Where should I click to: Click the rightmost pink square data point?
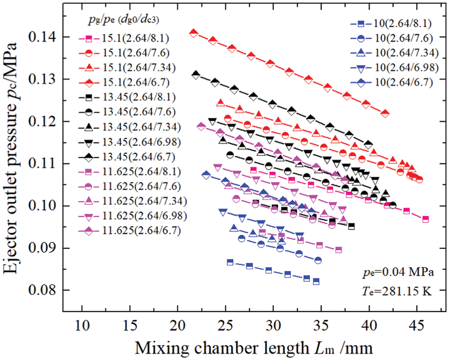coord(425,219)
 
